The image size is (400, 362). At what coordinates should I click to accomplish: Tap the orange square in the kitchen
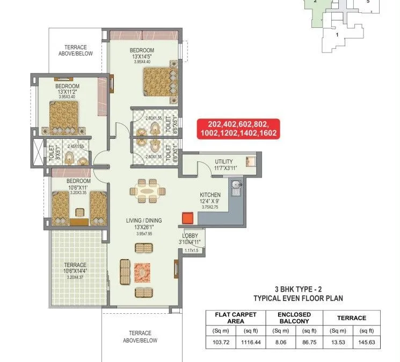point(187,217)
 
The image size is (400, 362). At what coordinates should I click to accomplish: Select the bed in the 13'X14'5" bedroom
point(159,82)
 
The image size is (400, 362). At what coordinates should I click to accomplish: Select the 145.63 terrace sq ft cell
point(367,341)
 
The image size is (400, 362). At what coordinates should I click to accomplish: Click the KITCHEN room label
point(210,195)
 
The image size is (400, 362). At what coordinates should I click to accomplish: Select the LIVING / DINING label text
point(143,220)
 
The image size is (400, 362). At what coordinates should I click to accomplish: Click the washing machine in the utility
point(250,160)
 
